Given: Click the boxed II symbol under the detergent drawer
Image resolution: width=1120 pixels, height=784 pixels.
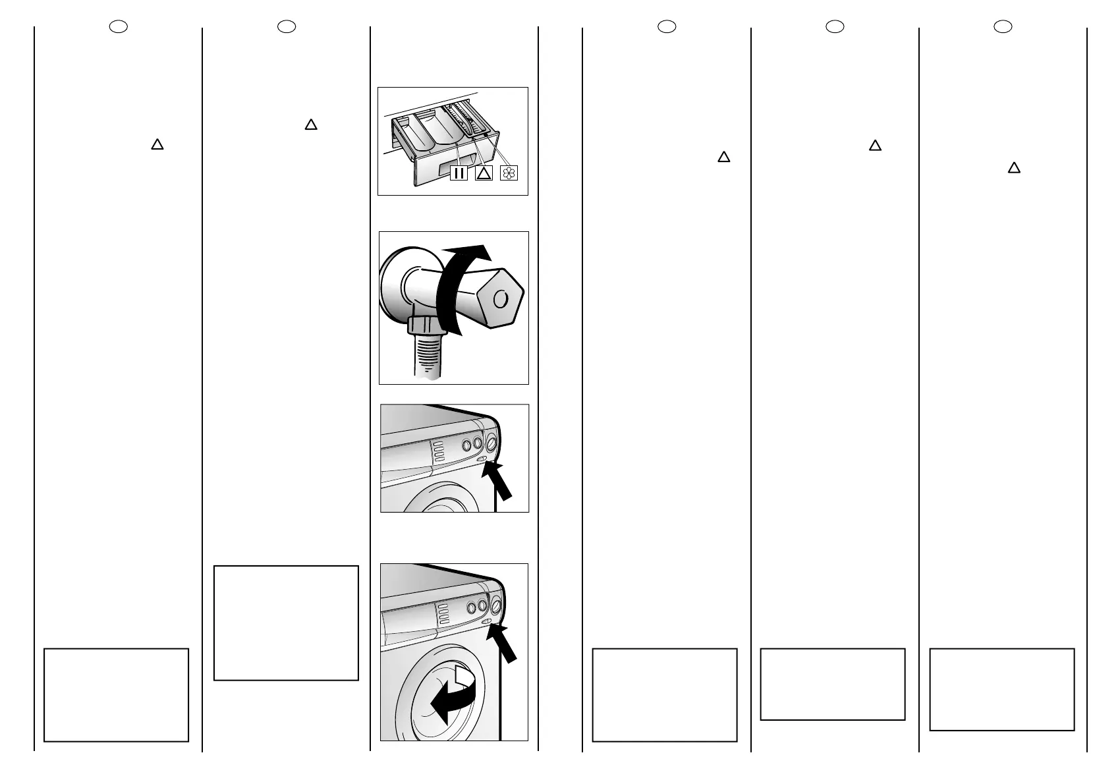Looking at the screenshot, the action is point(459,173).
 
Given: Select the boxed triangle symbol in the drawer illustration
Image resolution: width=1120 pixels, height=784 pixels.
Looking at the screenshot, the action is point(484,173).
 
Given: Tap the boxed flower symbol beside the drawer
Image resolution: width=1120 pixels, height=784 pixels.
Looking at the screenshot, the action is point(509,173).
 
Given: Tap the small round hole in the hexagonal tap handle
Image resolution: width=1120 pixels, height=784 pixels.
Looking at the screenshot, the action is point(501,298).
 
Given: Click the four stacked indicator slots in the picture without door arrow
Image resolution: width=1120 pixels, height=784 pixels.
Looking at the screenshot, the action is point(438,451).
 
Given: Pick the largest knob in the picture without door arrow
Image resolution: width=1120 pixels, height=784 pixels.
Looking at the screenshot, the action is point(491,441).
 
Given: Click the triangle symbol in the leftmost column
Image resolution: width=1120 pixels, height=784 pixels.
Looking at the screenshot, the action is point(157,144).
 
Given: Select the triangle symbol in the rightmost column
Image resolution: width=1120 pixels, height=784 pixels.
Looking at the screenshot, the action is point(1014,167).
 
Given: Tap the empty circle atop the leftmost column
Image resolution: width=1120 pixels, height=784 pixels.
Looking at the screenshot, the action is point(118,26).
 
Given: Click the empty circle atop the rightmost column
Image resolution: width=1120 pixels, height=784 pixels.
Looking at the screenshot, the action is point(1003,26).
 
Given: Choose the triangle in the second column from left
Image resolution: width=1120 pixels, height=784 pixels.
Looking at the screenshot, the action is point(311,124).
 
